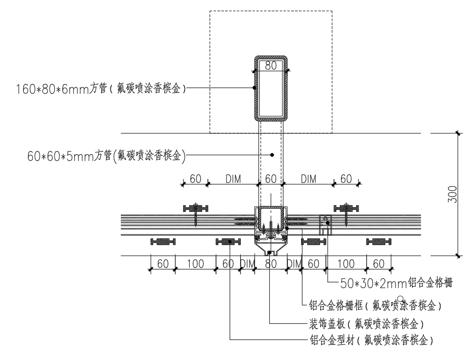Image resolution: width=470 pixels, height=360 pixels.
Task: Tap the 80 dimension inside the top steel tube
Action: pos(271,66)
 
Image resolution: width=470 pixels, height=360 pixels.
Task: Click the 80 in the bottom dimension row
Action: pos(271,264)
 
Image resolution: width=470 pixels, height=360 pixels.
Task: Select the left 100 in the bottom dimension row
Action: pos(195,264)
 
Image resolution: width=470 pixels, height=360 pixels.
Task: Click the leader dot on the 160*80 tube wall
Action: pos(255,88)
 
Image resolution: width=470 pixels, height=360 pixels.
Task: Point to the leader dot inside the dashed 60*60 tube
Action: pos(272,155)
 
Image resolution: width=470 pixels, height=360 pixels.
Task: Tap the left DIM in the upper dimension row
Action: pos(233,179)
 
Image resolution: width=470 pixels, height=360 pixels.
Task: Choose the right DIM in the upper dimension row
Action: pos(309,179)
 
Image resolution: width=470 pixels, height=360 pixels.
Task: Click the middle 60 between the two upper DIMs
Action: pos(271,179)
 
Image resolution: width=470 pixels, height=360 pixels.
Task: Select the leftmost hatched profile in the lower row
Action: pos(163,241)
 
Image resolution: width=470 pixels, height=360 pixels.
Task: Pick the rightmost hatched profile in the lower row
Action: pos(379,241)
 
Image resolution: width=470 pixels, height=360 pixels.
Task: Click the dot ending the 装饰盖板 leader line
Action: pos(269,252)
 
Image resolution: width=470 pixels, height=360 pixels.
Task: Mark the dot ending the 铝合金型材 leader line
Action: pos(230,242)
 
